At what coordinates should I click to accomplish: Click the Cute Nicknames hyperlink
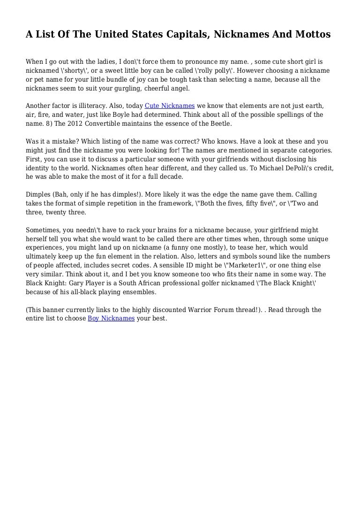pos(170,106)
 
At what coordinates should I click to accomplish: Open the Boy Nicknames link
pos(111,318)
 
